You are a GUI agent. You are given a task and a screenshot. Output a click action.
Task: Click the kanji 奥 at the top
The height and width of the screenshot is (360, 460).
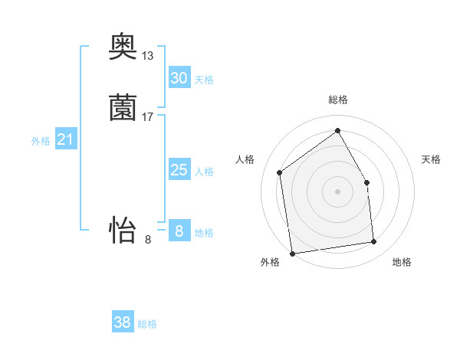(x=123, y=50)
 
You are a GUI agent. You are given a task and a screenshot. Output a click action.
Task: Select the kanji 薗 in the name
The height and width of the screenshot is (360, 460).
(x=123, y=108)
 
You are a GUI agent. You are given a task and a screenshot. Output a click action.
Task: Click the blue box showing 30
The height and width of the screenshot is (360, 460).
(x=179, y=78)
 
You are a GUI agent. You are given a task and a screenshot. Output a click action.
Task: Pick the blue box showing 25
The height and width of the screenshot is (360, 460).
(x=179, y=170)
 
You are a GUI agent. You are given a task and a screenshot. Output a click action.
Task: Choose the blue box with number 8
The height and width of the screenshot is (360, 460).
(x=179, y=231)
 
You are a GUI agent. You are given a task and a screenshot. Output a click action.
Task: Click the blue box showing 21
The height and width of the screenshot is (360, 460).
(x=66, y=139)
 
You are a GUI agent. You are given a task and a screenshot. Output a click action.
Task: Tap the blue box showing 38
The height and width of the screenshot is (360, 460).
(x=123, y=322)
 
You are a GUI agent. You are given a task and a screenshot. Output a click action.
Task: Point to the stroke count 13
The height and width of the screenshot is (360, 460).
(x=148, y=56)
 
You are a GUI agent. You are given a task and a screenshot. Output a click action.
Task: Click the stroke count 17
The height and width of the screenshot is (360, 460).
(x=148, y=117)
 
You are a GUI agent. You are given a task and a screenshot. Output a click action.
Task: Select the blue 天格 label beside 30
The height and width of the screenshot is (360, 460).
(x=204, y=80)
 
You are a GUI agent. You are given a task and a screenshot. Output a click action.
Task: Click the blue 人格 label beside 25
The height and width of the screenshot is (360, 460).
(x=204, y=172)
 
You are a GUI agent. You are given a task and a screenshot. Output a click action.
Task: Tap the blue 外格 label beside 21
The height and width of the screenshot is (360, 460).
(x=41, y=141)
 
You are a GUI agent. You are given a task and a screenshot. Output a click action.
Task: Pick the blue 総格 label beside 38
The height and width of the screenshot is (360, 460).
(x=147, y=324)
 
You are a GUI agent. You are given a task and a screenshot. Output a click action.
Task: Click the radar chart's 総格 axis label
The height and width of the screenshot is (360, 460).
(x=338, y=100)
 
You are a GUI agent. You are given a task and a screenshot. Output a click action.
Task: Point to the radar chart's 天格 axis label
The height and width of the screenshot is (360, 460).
(x=432, y=159)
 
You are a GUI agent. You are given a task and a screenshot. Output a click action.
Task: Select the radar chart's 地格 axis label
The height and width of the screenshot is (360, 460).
(x=402, y=262)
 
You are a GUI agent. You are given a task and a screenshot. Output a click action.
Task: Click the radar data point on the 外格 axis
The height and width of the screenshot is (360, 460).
(x=292, y=254)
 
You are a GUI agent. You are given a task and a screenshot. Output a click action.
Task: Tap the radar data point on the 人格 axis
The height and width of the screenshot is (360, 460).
(x=280, y=172)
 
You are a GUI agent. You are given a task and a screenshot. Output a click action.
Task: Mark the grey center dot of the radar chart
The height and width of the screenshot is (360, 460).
(x=338, y=191)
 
